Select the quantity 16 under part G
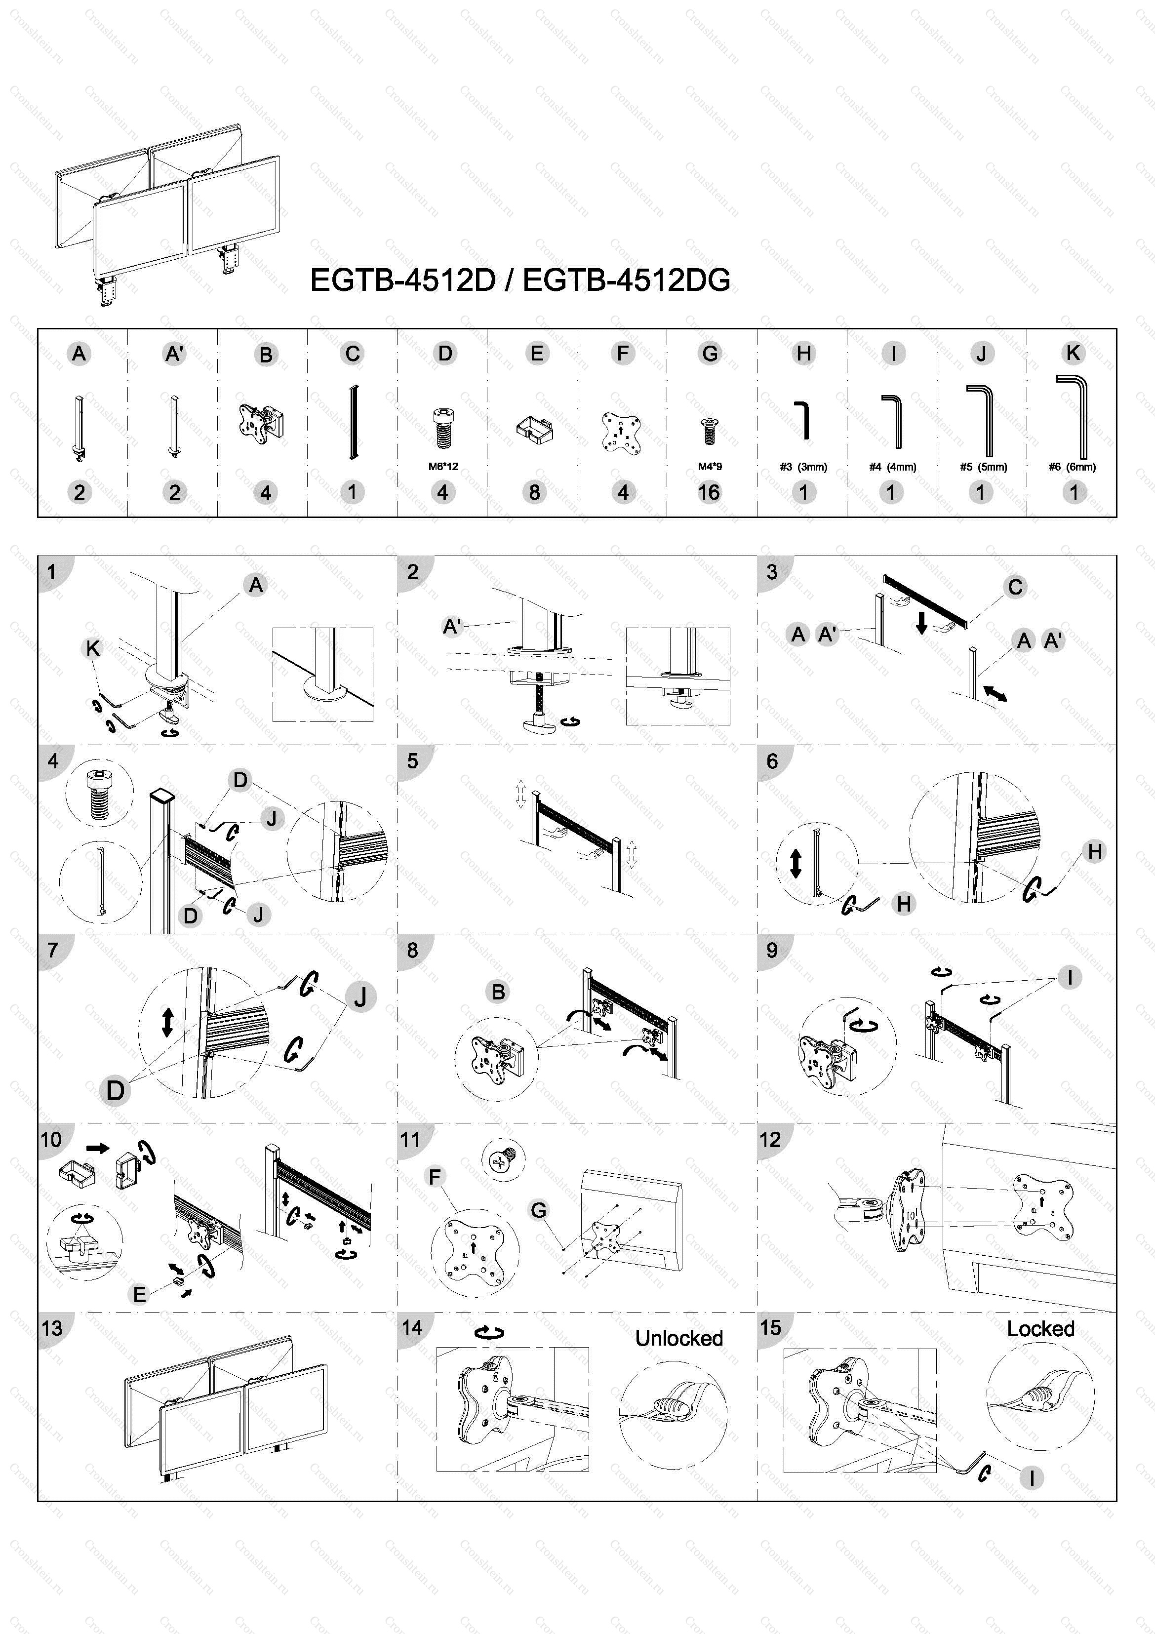[x=709, y=492]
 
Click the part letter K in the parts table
[x=1073, y=353]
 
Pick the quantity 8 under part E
[x=534, y=492]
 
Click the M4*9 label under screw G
[x=710, y=467]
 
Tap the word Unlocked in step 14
[x=679, y=1338]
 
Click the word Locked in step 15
[x=1040, y=1329]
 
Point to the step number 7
[x=52, y=950]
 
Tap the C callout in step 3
[x=1015, y=587]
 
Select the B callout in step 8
[x=498, y=992]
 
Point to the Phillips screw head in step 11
[x=502, y=1161]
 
